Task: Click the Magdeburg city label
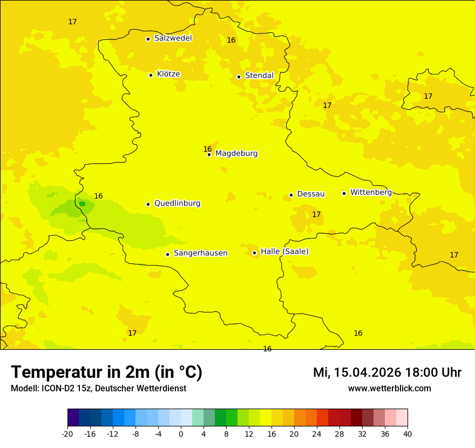236,154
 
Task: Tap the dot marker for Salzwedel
148,39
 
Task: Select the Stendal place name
259,76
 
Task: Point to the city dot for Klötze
151,75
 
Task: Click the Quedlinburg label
177,203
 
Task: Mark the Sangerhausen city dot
167,254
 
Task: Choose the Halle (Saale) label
284,252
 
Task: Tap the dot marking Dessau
291,195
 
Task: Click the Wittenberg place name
371,192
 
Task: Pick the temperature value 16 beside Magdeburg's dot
207,149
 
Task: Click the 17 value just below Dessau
316,214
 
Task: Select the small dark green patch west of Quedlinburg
82,203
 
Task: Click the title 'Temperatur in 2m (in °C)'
106,372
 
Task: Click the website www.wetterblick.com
389,389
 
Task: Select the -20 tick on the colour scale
67,433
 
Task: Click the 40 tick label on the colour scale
408,433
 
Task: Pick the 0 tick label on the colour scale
181,433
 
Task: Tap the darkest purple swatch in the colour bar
73,418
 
